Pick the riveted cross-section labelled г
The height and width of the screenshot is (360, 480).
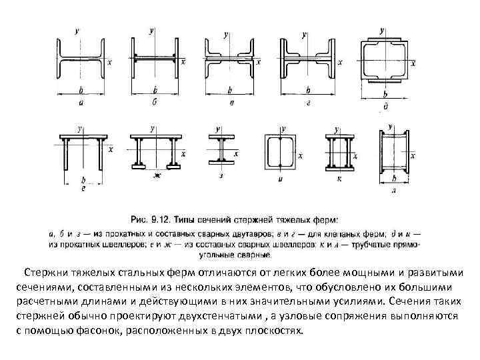tap(307, 61)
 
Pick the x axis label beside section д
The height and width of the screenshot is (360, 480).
tap(413, 63)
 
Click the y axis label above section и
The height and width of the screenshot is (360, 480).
tap(283, 127)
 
